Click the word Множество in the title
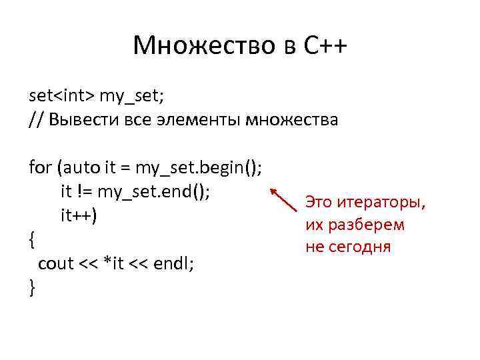(189, 46)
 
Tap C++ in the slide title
(319, 46)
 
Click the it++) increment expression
(79, 215)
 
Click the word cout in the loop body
(56, 263)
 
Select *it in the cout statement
(110, 263)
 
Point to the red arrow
(285, 198)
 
